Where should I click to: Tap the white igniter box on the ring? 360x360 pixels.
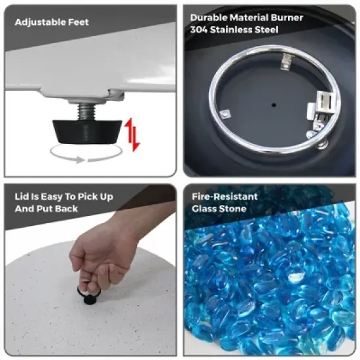(x=327, y=102)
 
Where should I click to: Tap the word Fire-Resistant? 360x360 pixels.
(x=225, y=196)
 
